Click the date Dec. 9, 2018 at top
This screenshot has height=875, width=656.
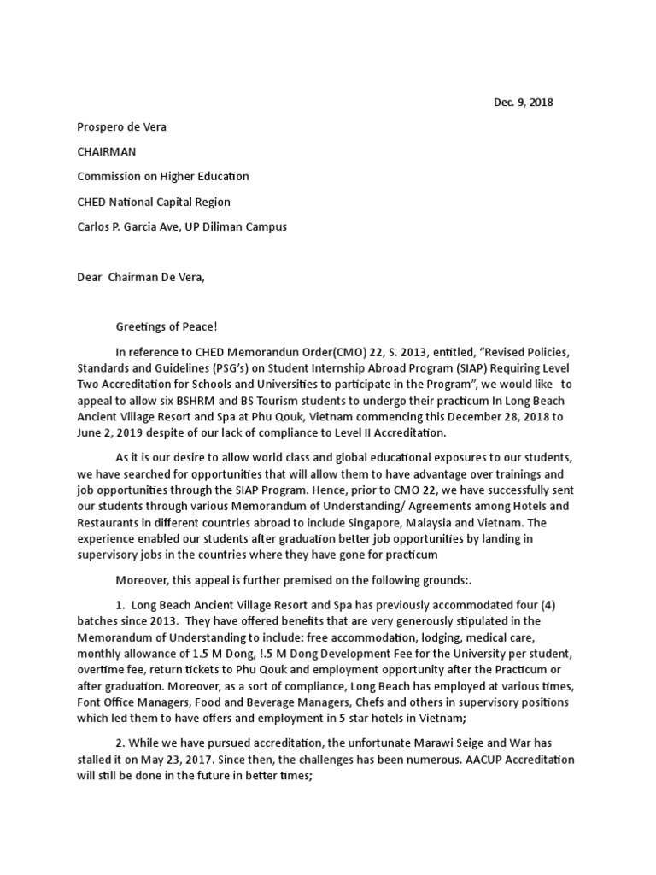click(x=523, y=103)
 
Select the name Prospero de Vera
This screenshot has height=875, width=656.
click(x=122, y=126)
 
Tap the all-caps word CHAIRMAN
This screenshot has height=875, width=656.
click(x=107, y=151)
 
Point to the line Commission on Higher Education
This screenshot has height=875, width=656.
click(x=163, y=177)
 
